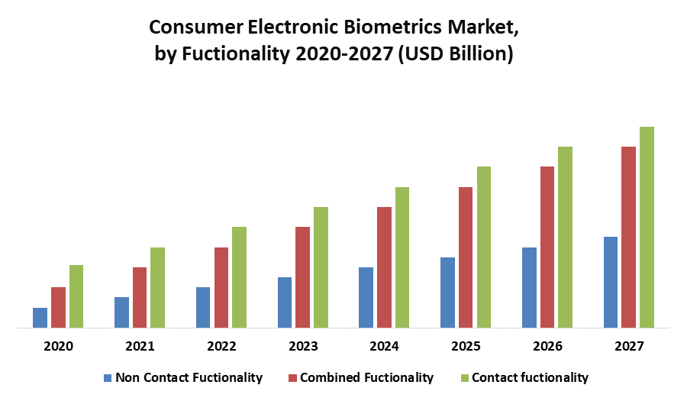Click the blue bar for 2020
point(40,318)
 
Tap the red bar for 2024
point(384,267)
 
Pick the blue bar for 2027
point(611,283)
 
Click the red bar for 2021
point(140,298)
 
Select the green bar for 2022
point(239,277)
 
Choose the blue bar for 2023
point(285,302)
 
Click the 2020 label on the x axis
point(58,347)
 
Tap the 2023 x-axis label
point(303,347)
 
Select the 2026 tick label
point(547,347)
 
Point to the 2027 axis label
point(628,347)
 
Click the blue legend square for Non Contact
point(108,377)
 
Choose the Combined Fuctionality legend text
point(366,377)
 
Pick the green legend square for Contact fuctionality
point(464,377)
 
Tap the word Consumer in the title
point(193,27)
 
